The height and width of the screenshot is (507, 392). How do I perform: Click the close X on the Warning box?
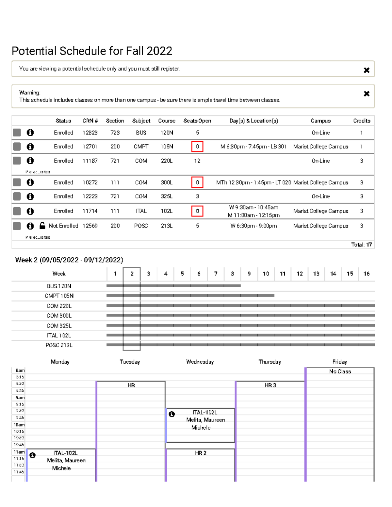[x=367, y=94]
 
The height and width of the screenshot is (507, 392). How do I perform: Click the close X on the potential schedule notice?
[x=367, y=70]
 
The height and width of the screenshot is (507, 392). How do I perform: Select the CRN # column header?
[x=90, y=121]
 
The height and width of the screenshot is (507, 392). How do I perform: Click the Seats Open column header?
[x=197, y=121]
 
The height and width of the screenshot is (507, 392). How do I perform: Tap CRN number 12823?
[x=90, y=133]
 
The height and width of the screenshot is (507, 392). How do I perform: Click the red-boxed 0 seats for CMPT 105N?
[x=197, y=147]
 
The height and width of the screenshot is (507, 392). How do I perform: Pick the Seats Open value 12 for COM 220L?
[x=197, y=161]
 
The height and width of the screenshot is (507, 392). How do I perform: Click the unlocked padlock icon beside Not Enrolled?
[x=42, y=226]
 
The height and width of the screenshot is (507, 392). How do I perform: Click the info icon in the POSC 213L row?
[x=30, y=226]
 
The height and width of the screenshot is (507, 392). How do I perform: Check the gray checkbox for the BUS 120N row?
[x=17, y=133]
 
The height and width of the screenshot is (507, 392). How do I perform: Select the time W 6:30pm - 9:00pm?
[x=253, y=226]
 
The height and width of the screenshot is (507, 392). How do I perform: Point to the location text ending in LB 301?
[x=253, y=147]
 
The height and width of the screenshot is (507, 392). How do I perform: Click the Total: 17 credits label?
[x=361, y=245]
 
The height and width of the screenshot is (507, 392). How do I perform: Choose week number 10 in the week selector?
[x=266, y=274]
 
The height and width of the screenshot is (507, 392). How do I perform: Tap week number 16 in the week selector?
[x=367, y=274]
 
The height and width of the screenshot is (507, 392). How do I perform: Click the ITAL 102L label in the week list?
[x=59, y=336]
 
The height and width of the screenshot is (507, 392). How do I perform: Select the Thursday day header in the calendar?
[x=269, y=362]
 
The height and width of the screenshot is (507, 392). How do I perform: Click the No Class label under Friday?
[x=340, y=372]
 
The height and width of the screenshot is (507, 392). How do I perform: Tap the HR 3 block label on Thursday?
[x=270, y=385]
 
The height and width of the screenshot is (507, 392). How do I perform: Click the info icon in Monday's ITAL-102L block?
[x=32, y=455]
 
